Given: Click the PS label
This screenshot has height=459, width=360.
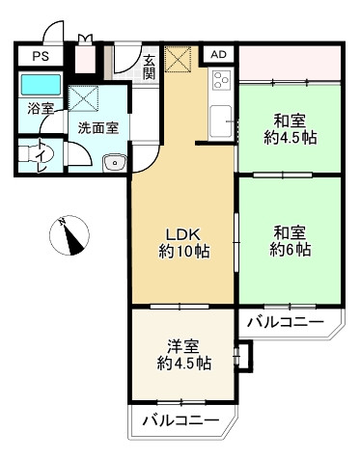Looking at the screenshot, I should [x=40, y=56].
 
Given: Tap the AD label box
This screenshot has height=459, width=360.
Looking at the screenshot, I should [x=219, y=54].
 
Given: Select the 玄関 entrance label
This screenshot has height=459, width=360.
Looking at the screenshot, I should [x=150, y=67].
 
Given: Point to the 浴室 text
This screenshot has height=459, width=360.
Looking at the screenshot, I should [x=41, y=110].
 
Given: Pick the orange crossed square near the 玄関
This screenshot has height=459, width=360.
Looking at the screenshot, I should [x=179, y=60].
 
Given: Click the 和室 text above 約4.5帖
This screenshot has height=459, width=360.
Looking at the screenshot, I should [x=287, y=121].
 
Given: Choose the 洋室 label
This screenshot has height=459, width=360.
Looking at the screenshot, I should [x=184, y=344].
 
